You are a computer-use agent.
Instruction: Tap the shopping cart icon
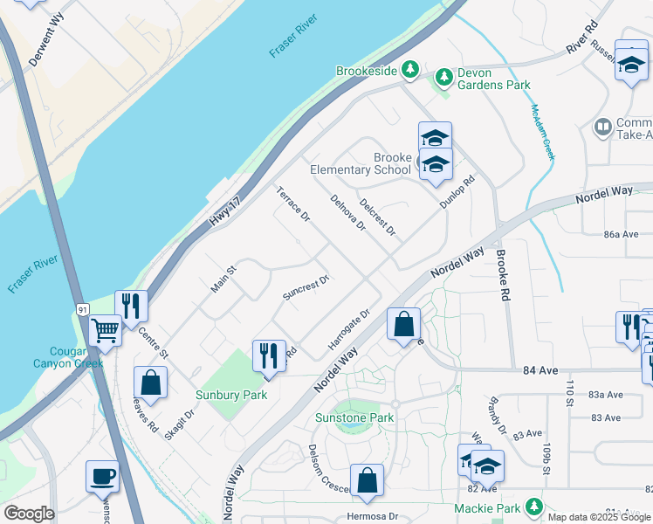pyautogui.click(x=105, y=331)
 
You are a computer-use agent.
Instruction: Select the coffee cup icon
pyautogui.click(x=102, y=476)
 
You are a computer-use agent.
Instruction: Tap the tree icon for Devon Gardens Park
pyautogui.click(x=444, y=78)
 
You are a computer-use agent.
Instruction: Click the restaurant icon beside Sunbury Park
pyautogui.click(x=268, y=355)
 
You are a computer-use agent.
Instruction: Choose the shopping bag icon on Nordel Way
pyautogui.click(x=403, y=325)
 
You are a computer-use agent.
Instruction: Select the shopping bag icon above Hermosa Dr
pyautogui.click(x=368, y=479)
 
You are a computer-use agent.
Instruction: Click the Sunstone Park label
pyautogui.click(x=354, y=418)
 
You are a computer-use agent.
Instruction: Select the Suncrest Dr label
pyautogui.click(x=306, y=287)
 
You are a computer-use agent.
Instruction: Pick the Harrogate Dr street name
pyautogui.click(x=350, y=329)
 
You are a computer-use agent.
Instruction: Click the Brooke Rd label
pyautogui.click(x=502, y=276)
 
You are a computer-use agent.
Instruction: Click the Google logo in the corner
pyautogui.click(x=29, y=514)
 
